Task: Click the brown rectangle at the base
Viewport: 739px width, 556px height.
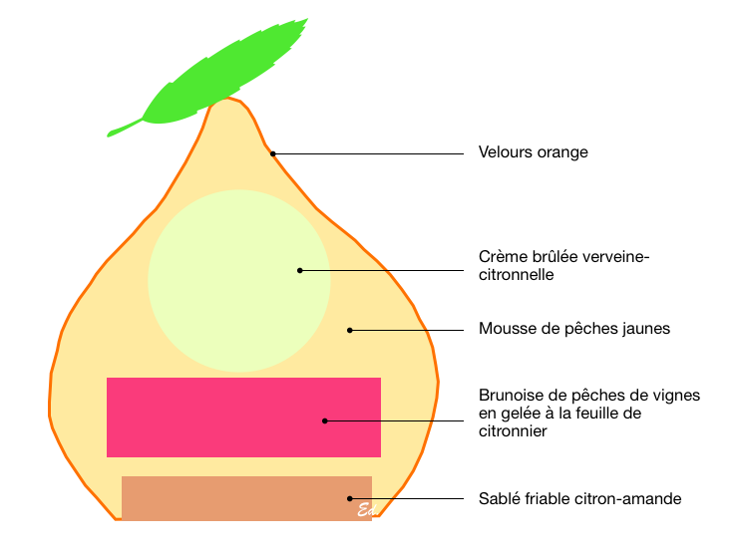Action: point(229,498)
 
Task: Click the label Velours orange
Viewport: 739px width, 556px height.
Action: point(533,152)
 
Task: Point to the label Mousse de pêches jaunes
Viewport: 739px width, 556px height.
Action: point(573,328)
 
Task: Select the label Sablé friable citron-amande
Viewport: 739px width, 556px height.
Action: point(579,498)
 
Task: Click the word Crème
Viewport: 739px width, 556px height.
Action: point(502,256)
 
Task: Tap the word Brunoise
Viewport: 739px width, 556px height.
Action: point(512,396)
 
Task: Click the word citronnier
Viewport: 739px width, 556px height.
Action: point(513,431)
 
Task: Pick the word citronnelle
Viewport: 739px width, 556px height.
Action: point(516,274)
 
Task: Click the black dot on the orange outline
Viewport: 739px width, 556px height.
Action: point(273,152)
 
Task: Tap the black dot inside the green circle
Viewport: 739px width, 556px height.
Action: point(299,270)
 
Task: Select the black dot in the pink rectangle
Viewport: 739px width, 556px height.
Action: point(324,420)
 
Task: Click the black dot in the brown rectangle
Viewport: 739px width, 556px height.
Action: point(349,498)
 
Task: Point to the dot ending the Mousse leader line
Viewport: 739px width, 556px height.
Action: point(349,328)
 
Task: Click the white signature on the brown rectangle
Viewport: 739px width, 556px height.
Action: point(365,511)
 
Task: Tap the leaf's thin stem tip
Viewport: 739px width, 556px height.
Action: point(111,133)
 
